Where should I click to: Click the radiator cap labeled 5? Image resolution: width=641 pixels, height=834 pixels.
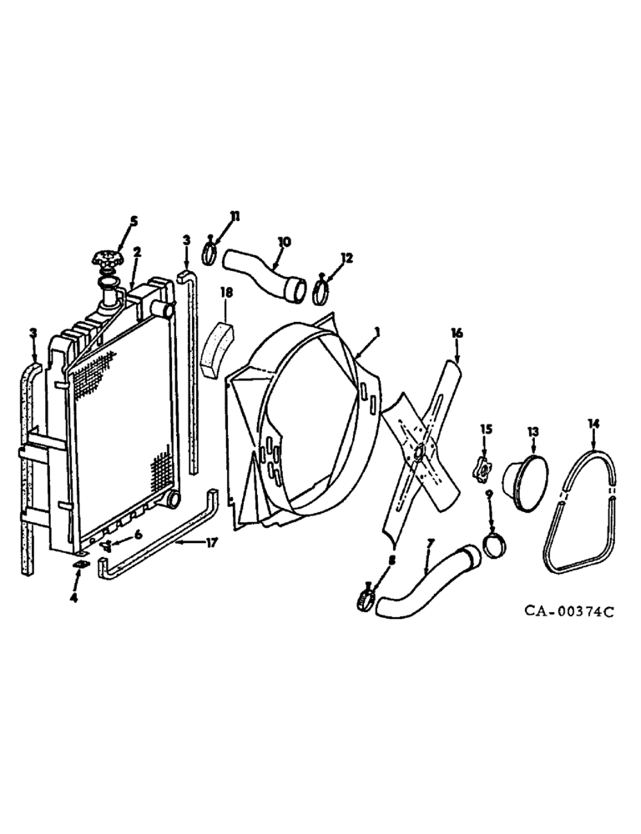(108, 261)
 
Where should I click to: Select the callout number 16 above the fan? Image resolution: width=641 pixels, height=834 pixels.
(457, 332)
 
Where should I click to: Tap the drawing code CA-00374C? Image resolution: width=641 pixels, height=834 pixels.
(569, 611)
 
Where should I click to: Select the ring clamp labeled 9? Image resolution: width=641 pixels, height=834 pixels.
(494, 551)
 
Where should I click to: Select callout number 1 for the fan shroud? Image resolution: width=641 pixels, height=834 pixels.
(377, 331)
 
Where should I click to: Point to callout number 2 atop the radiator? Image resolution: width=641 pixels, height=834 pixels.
(137, 250)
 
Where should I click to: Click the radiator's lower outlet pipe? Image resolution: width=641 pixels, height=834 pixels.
(173, 499)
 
